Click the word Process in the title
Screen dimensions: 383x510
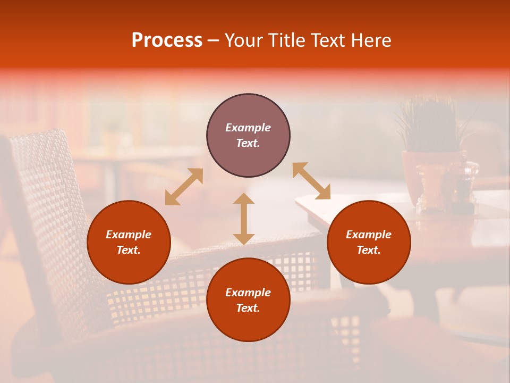(167, 40)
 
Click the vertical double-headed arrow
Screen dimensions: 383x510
(244, 219)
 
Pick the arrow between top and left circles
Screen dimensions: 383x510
(184, 186)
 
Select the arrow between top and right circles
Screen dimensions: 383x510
(311, 181)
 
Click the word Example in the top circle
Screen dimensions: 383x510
(248, 128)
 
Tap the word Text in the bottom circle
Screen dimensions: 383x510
(248, 308)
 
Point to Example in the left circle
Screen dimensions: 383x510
(129, 235)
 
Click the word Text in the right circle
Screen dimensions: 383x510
(369, 250)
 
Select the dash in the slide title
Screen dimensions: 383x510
(213, 41)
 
